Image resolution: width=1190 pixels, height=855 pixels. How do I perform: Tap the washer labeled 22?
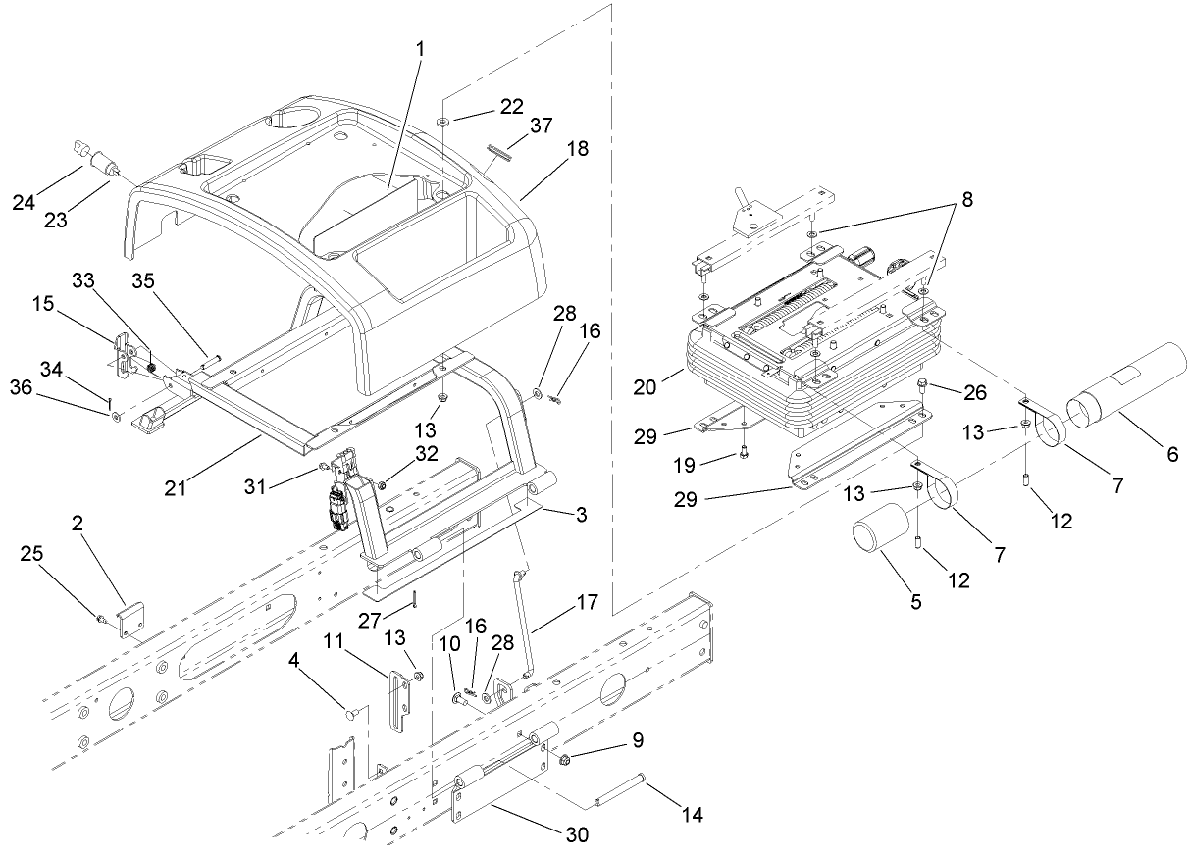pyautogui.click(x=444, y=120)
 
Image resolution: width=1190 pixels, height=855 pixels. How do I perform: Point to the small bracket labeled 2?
pyautogui.click(x=131, y=621)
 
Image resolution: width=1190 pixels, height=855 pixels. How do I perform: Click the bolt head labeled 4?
pyautogui.click(x=349, y=715)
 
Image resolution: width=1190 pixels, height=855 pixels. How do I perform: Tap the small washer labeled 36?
pyautogui.click(x=117, y=417)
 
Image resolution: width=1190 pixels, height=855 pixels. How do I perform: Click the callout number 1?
pyautogui.click(x=419, y=48)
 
